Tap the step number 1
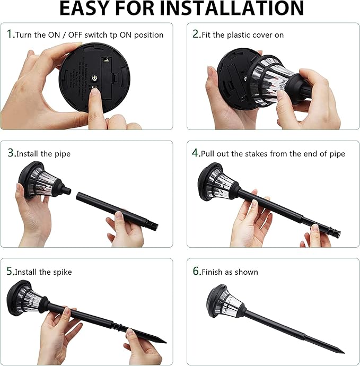(10, 34)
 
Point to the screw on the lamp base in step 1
(94, 78)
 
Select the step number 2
(196, 34)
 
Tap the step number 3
(11, 153)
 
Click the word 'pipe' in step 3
(63, 154)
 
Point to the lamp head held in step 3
(43, 180)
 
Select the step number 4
(195, 153)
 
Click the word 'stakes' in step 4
(250, 154)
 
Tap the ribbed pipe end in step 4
(334, 232)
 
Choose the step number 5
(10, 271)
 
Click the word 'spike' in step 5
(63, 273)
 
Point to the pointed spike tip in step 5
(166, 343)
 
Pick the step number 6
(196, 271)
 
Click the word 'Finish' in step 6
(212, 272)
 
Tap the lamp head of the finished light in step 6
(225, 302)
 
